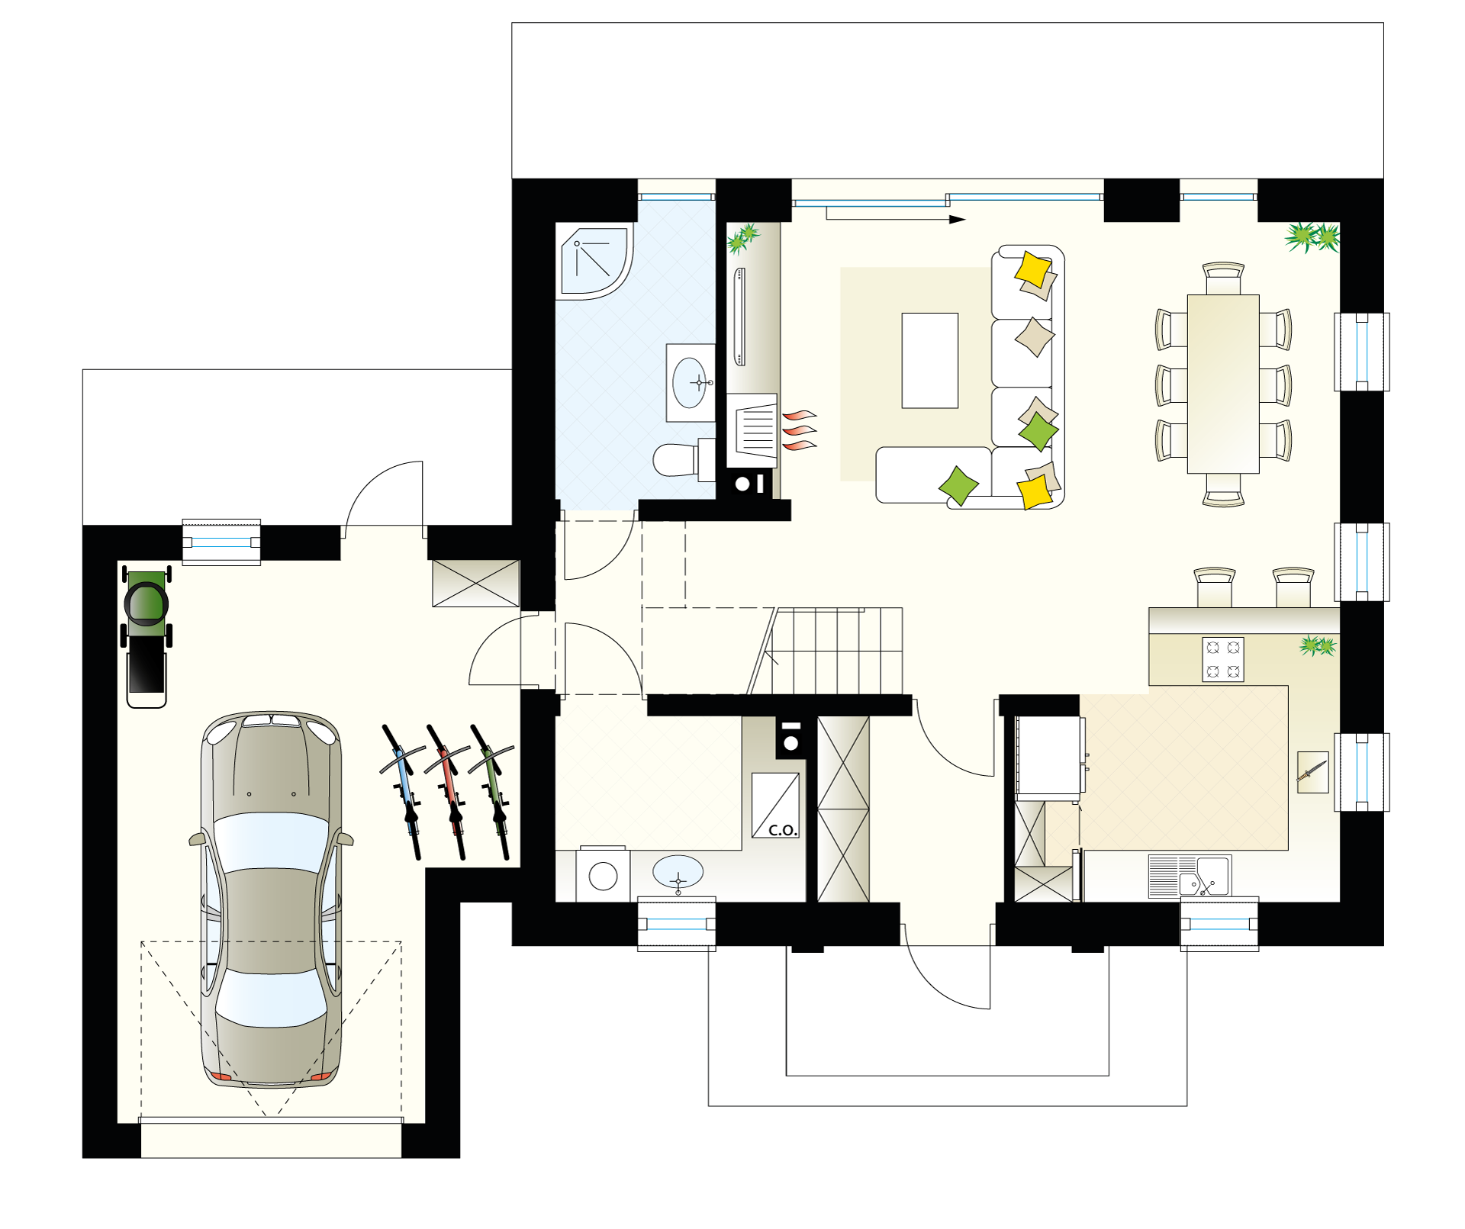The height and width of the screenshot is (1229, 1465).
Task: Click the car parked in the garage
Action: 271,900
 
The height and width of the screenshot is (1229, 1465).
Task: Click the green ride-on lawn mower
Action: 146,637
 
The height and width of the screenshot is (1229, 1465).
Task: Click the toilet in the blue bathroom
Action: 684,459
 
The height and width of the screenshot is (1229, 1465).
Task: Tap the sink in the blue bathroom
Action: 691,383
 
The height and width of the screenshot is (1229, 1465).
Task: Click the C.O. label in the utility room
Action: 783,830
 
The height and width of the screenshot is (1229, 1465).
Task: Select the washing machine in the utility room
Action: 603,875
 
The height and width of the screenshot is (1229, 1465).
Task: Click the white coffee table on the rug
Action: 929,360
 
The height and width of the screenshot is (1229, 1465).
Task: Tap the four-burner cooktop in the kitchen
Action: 1223,659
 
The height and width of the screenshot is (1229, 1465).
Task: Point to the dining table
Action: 1223,384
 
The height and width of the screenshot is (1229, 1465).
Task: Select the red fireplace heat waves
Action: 800,431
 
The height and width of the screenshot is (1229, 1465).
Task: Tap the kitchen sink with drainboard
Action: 1190,876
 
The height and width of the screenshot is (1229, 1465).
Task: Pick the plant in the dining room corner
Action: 1312,237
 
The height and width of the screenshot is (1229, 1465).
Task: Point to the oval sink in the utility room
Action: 678,871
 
